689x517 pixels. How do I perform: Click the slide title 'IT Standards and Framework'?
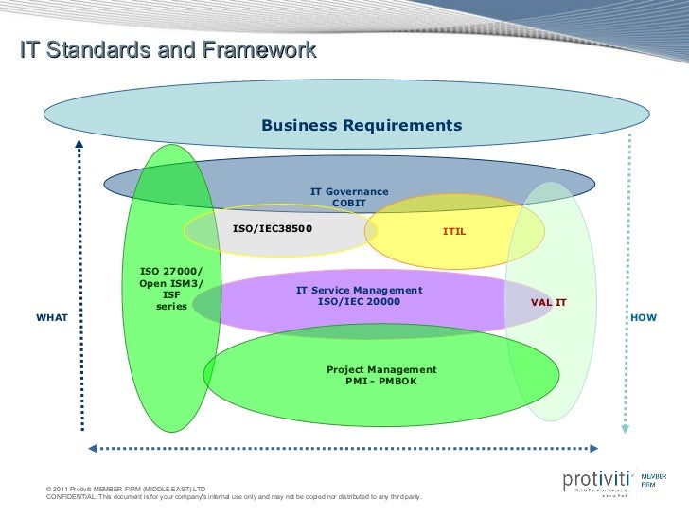tap(168, 51)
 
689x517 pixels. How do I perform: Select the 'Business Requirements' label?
tap(362, 126)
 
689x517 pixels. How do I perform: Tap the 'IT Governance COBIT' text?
tap(349, 198)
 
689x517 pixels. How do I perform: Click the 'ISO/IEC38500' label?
tap(273, 228)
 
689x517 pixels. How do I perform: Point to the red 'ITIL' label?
tap(454, 231)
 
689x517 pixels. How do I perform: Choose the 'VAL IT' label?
tap(548, 302)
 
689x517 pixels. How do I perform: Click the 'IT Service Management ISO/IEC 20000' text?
tap(359, 295)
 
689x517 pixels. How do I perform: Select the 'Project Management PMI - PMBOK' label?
tap(381, 375)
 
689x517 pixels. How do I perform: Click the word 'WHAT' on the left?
tap(51, 317)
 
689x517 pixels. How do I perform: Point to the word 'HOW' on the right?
tap(644, 317)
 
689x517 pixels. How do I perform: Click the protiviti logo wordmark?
tap(596, 480)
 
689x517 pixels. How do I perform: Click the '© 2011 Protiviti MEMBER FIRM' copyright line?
tap(126, 489)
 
